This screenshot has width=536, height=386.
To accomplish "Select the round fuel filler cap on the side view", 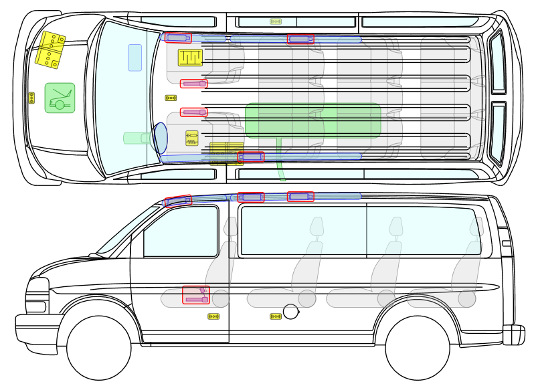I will click(x=291, y=312).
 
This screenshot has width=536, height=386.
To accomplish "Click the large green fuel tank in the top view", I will click(x=312, y=120).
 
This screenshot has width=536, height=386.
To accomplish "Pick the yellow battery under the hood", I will click(x=50, y=50).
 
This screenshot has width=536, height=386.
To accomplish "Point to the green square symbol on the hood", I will click(x=60, y=98).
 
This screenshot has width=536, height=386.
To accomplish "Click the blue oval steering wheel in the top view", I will click(x=159, y=138).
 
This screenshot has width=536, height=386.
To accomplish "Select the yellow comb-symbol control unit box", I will click(x=190, y=58).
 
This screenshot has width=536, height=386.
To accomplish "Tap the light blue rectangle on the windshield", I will click(x=135, y=58).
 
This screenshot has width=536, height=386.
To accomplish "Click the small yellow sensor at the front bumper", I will click(x=31, y=98).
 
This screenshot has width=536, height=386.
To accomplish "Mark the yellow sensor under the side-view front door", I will click(x=213, y=316).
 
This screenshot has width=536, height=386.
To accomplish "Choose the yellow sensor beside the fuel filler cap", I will click(x=276, y=316).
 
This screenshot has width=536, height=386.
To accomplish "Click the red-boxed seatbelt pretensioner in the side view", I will click(x=196, y=295).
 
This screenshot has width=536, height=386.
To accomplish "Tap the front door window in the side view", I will click(x=181, y=232).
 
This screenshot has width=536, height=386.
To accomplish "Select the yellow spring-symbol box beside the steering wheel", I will click(x=191, y=138).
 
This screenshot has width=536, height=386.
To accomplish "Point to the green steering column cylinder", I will click(x=137, y=138).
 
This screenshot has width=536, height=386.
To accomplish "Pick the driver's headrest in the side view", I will click(x=230, y=227).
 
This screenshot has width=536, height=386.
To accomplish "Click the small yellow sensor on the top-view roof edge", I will click(x=276, y=21).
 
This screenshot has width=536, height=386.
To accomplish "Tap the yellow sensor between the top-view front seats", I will click(x=171, y=98).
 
